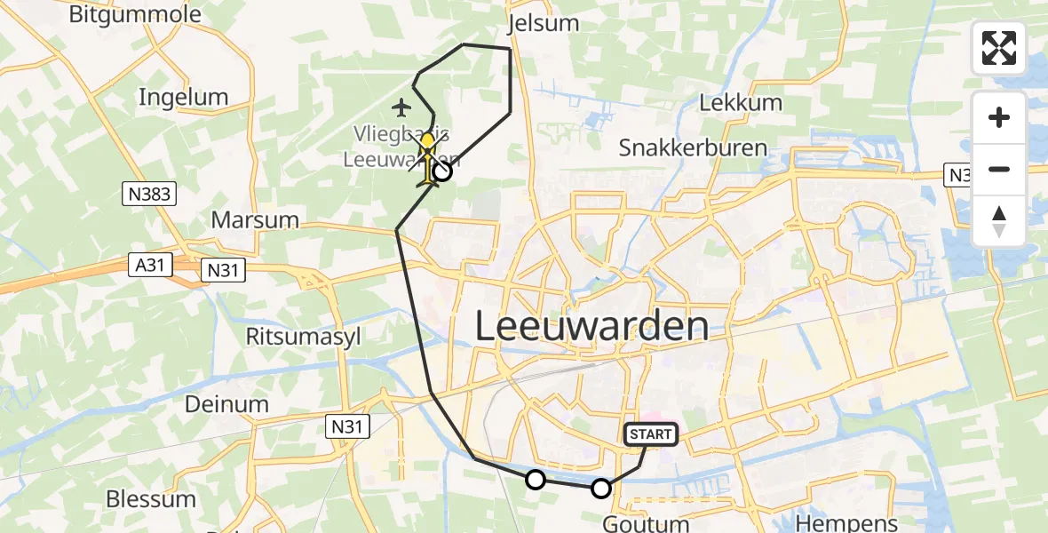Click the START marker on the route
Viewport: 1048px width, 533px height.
click(x=652, y=434)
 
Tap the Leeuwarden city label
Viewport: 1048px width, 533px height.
click(x=591, y=327)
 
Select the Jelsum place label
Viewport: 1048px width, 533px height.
click(x=542, y=23)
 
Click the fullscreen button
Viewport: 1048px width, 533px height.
click(x=999, y=48)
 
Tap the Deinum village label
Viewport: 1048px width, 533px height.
click(x=226, y=404)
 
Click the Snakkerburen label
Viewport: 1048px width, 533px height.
click(x=693, y=147)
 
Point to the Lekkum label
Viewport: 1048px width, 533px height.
click(x=741, y=102)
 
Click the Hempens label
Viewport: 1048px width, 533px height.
click(x=846, y=522)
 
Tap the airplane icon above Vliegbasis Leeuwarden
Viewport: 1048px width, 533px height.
click(x=401, y=108)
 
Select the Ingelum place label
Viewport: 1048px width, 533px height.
click(x=183, y=97)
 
